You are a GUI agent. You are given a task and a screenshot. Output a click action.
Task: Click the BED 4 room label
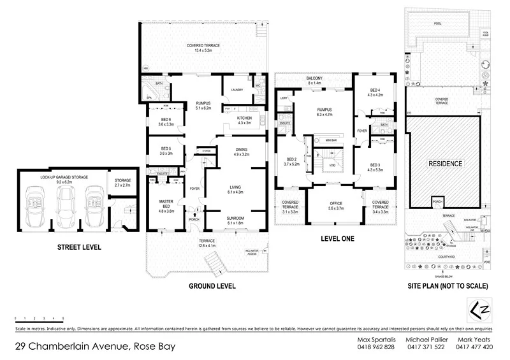[375, 91]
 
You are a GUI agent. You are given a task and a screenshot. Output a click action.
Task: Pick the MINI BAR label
[331, 140]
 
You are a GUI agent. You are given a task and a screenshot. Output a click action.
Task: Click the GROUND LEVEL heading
[211, 286]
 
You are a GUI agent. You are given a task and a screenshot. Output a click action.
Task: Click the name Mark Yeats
[474, 339]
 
